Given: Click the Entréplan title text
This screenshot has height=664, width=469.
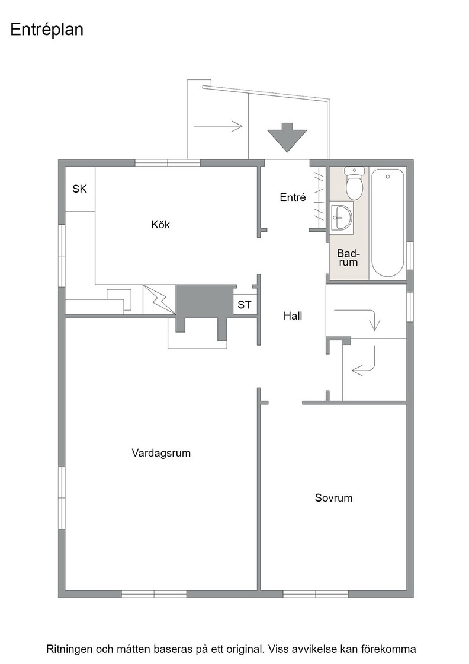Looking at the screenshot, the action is click(x=47, y=30).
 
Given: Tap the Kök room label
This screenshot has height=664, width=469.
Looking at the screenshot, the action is click(x=160, y=224).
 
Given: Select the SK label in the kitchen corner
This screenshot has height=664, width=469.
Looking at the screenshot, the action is click(x=79, y=189).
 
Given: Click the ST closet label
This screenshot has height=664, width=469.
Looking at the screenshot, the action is click(x=244, y=305).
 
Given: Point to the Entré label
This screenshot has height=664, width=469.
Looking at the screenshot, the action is click(x=293, y=197).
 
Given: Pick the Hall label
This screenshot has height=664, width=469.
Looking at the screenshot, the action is click(x=293, y=315).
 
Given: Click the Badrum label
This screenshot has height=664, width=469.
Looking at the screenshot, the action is click(x=348, y=258).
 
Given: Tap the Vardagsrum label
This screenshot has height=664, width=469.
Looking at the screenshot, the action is click(x=161, y=453).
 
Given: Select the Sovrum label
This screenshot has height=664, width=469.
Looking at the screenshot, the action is click(x=333, y=497).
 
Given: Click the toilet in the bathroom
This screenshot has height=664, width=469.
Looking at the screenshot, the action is click(x=354, y=183).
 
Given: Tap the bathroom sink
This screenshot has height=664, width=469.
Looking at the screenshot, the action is click(x=341, y=217).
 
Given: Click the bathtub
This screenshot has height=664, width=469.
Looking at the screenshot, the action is click(x=387, y=223).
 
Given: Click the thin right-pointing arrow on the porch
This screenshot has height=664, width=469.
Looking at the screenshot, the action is click(x=219, y=126).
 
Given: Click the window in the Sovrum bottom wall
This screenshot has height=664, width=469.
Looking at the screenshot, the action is click(x=316, y=594).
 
